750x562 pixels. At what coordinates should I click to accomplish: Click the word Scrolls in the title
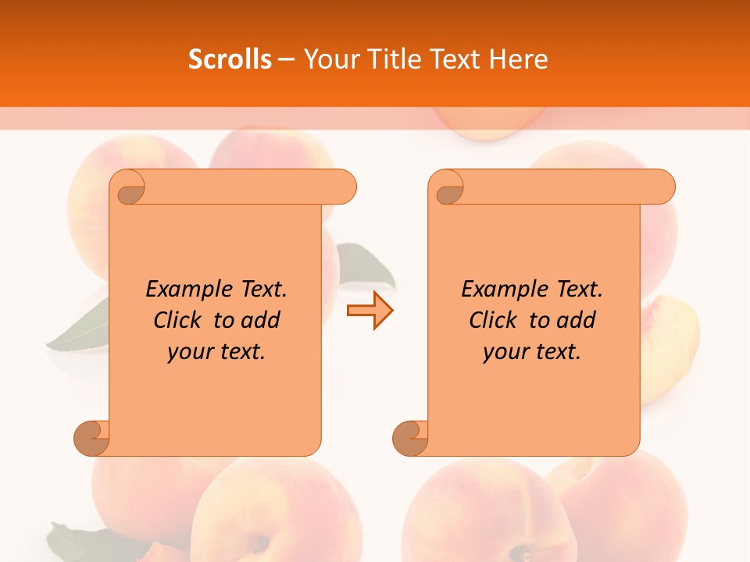[230, 59]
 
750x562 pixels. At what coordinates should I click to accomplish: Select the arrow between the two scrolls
[370, 311]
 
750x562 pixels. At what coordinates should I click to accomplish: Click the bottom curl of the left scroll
[91, 438]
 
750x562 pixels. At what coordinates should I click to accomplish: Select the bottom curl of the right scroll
[410, 438]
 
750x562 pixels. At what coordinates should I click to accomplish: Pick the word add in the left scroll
[261, 320]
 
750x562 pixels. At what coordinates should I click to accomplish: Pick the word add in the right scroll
[577, 320]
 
